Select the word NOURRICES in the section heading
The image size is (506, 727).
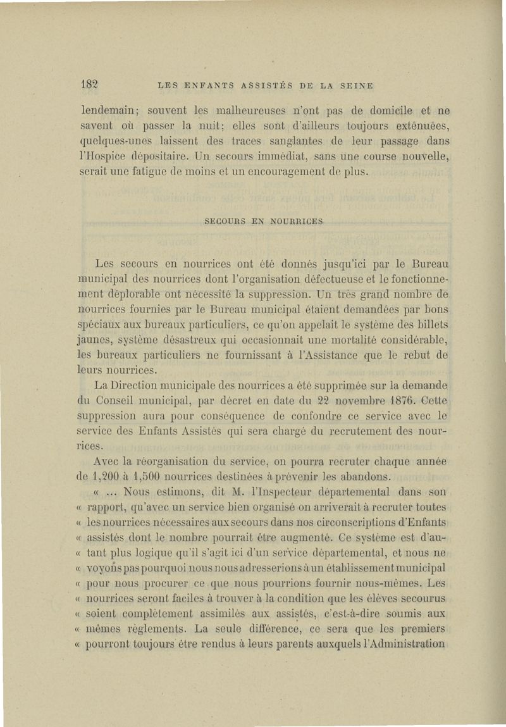point(297,222)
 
